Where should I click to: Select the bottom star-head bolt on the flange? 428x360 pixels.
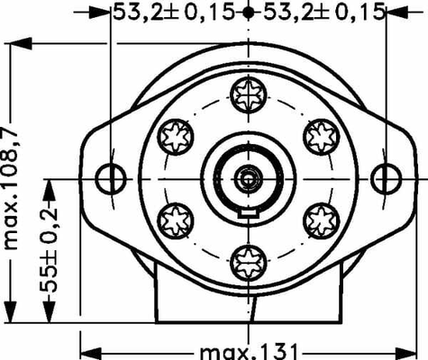point(246,262)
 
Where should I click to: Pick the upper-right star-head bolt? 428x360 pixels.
point(320,135)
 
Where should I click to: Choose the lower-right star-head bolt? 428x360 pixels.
point(320,218)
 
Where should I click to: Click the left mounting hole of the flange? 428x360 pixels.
point(109,176)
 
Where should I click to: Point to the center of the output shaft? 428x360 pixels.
point(246,176)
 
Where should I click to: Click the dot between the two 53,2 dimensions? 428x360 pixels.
point(247,13)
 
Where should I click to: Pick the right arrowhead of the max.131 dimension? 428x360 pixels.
point(410,349)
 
